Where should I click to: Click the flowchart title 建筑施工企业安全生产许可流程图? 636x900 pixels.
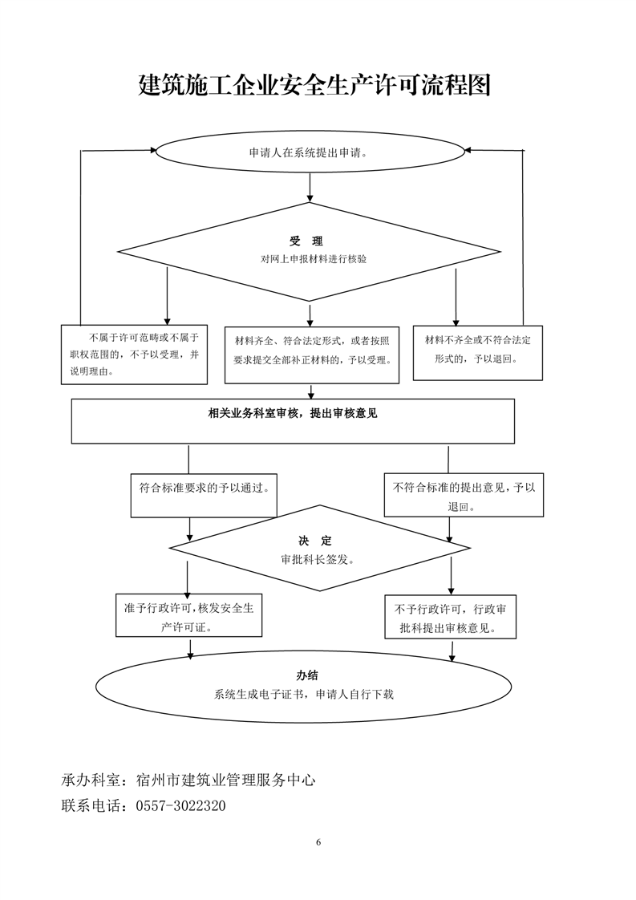point(314,84)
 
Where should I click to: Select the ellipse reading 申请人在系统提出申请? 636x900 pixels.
point(310,152)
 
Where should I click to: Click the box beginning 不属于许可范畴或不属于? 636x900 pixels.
point(134,354)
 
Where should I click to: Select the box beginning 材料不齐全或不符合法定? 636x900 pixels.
point(478,351)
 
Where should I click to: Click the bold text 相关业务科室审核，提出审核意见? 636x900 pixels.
point(293,413)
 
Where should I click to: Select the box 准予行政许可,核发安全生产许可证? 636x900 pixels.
point(188,617)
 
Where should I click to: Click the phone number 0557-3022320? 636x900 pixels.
point(181,805)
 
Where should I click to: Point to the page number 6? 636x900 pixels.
point(318,842)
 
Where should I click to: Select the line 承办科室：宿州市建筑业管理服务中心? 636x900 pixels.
point(188,780)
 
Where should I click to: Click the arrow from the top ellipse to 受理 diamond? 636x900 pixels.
point(310,186)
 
